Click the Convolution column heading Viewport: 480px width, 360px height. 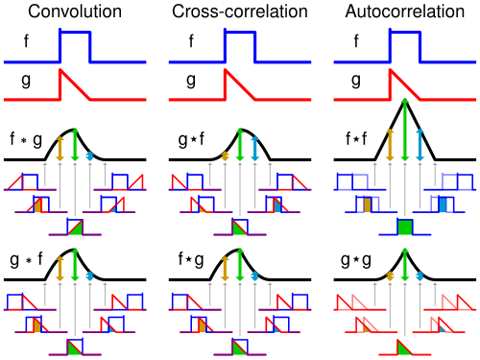[75, 12]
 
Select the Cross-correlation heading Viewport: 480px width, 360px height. [240, 12]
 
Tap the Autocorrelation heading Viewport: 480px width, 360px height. [405, 12]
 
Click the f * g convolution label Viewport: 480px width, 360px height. [26, 140]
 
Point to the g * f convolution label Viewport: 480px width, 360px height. [27, 259]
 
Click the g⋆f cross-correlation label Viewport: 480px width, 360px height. [191, 140]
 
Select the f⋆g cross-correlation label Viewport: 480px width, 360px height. [191, 259]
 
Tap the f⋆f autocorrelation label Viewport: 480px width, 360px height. [356, 139]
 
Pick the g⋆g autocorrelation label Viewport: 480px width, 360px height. [356, 261]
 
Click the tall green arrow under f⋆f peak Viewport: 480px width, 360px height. [405, 130]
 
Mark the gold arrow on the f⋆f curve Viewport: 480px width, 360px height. [390, 145]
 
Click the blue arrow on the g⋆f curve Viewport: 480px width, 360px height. [255, 149]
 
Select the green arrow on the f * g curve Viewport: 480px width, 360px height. [75, 145]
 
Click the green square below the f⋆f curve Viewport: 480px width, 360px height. [405, 228]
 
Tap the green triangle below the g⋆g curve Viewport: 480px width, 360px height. [403, 348]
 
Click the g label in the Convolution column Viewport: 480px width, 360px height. [26, 81]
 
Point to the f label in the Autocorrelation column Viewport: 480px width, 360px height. [356, 41]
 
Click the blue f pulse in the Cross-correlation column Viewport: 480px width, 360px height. [240, 46]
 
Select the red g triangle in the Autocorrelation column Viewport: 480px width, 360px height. [405, 84]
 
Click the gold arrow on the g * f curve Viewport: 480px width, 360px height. [60, 269]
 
